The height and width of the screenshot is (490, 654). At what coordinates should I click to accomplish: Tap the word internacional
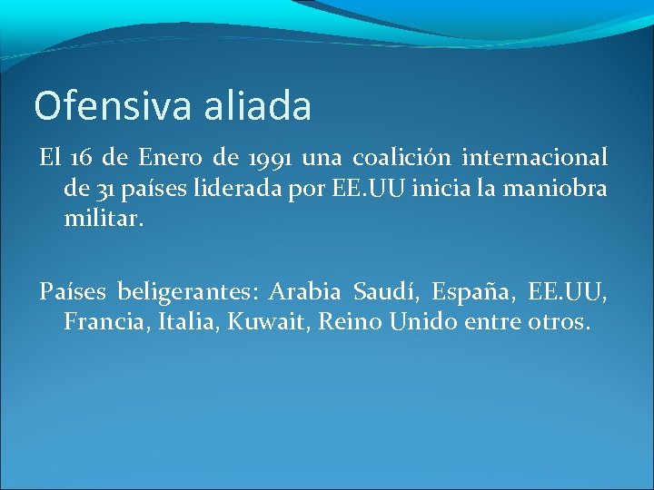point(535,159)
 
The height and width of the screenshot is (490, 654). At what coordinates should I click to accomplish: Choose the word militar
point(103,219)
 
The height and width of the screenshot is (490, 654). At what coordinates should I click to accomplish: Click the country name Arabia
point(305,292)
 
